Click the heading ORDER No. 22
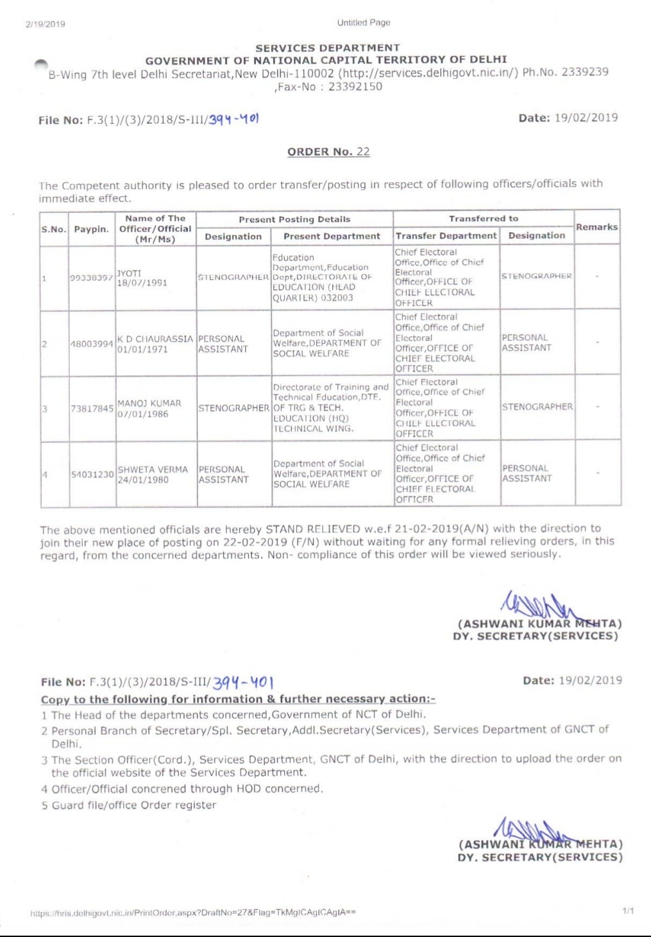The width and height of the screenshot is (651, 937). click(328, 152)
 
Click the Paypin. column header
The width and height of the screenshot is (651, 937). click(91, 229)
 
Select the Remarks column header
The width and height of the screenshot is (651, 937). click(596, 227)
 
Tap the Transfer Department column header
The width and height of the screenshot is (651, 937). click(446, 236)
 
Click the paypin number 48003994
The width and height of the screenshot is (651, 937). click(92, 344)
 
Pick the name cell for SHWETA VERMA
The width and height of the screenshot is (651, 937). click(153, 475)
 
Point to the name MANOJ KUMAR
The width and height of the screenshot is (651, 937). click(149, 403)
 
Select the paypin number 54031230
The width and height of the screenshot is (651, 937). click(92, 475)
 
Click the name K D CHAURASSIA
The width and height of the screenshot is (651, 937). click(155, 339)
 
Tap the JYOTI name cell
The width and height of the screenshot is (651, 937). click(128, 273)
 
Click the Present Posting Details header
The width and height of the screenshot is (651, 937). click(294, 219)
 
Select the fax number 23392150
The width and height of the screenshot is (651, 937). click(355, 87)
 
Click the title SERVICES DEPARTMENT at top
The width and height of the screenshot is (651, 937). click(327, 48)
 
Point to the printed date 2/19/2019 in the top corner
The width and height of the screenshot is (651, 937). click(46, 24)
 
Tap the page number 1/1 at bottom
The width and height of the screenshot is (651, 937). click(628, 911)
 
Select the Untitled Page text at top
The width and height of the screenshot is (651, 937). click(363, 23)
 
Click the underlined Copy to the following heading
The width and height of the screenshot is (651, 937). click(238, 699)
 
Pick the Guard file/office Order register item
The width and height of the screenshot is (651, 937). click(133, 805)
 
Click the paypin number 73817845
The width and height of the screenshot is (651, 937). click(92, 409)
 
